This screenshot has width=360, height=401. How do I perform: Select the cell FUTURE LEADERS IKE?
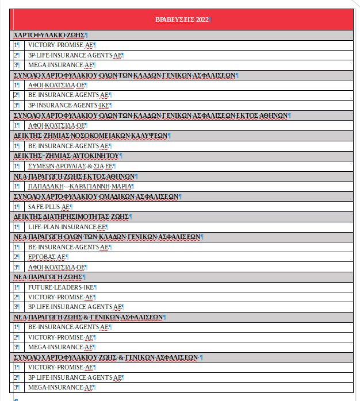[62, 287]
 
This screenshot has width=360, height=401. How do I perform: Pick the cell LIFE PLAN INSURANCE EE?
[67, 226]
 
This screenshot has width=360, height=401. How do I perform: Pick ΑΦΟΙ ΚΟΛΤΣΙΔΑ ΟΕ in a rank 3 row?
[57, 267]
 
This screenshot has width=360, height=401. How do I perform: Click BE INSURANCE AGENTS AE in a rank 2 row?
[69, 95]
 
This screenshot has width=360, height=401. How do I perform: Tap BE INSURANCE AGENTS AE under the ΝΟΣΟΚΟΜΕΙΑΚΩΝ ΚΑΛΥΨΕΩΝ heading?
[69, 146]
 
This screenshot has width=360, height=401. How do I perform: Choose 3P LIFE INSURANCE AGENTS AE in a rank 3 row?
[75, 307]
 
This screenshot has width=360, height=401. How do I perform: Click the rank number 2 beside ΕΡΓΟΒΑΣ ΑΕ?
[17, 257]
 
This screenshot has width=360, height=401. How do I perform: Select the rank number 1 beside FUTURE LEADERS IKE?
[17, 287]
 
